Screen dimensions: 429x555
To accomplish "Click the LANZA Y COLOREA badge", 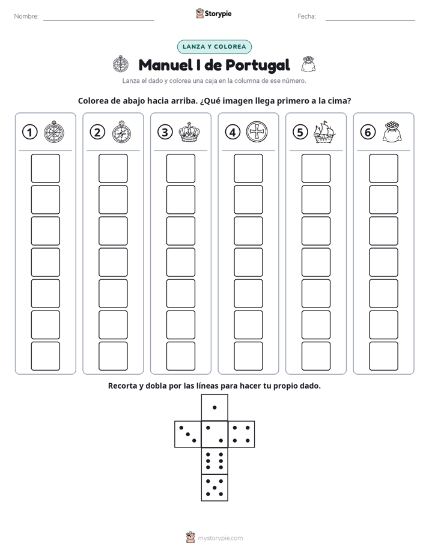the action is (x=214, y=47).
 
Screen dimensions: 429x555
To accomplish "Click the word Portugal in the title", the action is (x=258, y=65).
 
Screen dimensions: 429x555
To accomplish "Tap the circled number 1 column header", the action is (x=29, y=132).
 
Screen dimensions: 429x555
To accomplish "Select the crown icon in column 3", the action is (x=189, y=132).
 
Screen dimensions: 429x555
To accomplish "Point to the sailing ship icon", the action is (x=324, y=132).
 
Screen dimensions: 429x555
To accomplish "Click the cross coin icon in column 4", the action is (x=257, y=132).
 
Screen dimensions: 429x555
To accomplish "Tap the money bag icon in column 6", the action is (x=392, y=132).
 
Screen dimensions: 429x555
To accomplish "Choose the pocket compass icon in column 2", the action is (x=121, y=132).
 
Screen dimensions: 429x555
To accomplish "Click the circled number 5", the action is (x=300, y=132).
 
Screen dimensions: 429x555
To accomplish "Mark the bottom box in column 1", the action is (x=45, y=356).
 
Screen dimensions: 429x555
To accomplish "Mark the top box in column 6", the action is (x=383, y=168).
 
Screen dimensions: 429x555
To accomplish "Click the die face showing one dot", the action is (x=214, y=407).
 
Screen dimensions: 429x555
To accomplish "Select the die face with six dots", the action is (x=214, y=461).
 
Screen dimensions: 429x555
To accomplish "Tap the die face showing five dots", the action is (x=214, y=488).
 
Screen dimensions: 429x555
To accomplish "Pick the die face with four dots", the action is (x=242, y=434).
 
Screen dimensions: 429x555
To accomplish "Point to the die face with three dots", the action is (x=188, y=434).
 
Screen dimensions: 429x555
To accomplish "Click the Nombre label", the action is (x=26, y=16).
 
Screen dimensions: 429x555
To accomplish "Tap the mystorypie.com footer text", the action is (x=220, y=538).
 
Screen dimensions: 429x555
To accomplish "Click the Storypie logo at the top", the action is (x=213, y=13).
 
